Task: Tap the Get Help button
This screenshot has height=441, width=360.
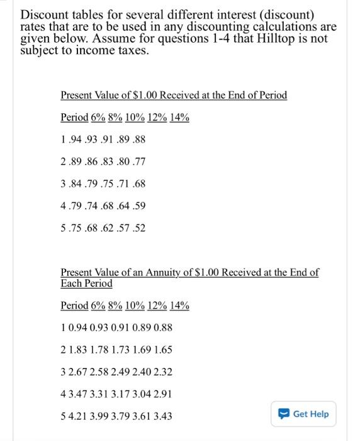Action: pyautogui.click(x=305, y=414)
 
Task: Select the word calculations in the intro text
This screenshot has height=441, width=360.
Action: pyautogui.click(x=281, y=27)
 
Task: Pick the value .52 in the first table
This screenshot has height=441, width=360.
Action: pyautogui.click(x=138, y=227)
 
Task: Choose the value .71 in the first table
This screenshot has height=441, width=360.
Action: pyautogui.click(x=123, y=183)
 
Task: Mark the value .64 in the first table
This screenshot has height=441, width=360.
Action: pyautogui.click(x=123, y=205)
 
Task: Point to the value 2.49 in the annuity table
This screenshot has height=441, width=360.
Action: pyautogui.click(x=121, y=372)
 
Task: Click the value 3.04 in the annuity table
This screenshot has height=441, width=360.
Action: pyautogui.click(x=142, y=394)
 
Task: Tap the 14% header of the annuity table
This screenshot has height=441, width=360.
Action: pyautogui.click(x=179, y=306)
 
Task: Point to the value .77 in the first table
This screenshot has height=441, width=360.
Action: pyautogui.click(x=138, y=161)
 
